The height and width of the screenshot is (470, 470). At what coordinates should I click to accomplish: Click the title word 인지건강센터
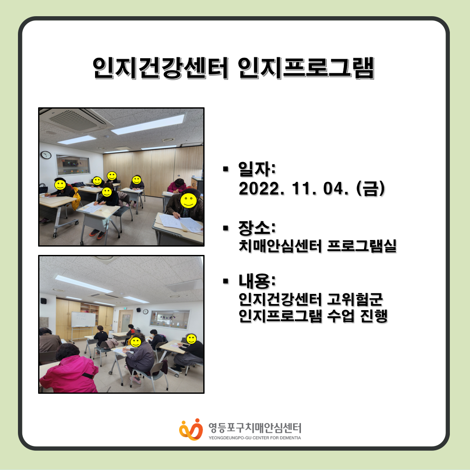[161, 68]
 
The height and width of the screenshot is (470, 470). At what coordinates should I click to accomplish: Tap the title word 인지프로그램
[306, 68]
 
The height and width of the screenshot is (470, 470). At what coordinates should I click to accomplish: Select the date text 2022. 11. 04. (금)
[312, 188]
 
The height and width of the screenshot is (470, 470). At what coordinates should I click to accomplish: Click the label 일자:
[257, 169]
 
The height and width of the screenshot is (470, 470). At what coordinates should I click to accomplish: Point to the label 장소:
[257, 227]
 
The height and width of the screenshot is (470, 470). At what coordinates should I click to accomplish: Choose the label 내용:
[257, 281]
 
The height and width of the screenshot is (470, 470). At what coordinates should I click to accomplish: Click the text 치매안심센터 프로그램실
[318, 246]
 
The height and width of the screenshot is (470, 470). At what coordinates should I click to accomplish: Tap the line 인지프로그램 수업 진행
[313, 316]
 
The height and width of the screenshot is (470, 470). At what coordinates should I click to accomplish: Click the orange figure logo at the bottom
[191, 429]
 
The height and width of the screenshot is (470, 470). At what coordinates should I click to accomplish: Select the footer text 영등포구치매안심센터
[255, 428]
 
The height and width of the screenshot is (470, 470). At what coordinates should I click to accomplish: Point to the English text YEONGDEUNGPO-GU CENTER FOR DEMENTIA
[255, 438]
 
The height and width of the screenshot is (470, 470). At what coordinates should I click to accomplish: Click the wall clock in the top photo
[46, 155]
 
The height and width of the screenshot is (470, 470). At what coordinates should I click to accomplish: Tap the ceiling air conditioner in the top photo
[75, 120]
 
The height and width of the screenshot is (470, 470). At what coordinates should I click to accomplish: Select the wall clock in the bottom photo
[145, 311]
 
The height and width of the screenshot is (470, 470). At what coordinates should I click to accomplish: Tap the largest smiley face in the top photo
[188, 201]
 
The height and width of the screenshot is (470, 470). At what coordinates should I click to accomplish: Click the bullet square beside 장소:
[226, 228]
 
